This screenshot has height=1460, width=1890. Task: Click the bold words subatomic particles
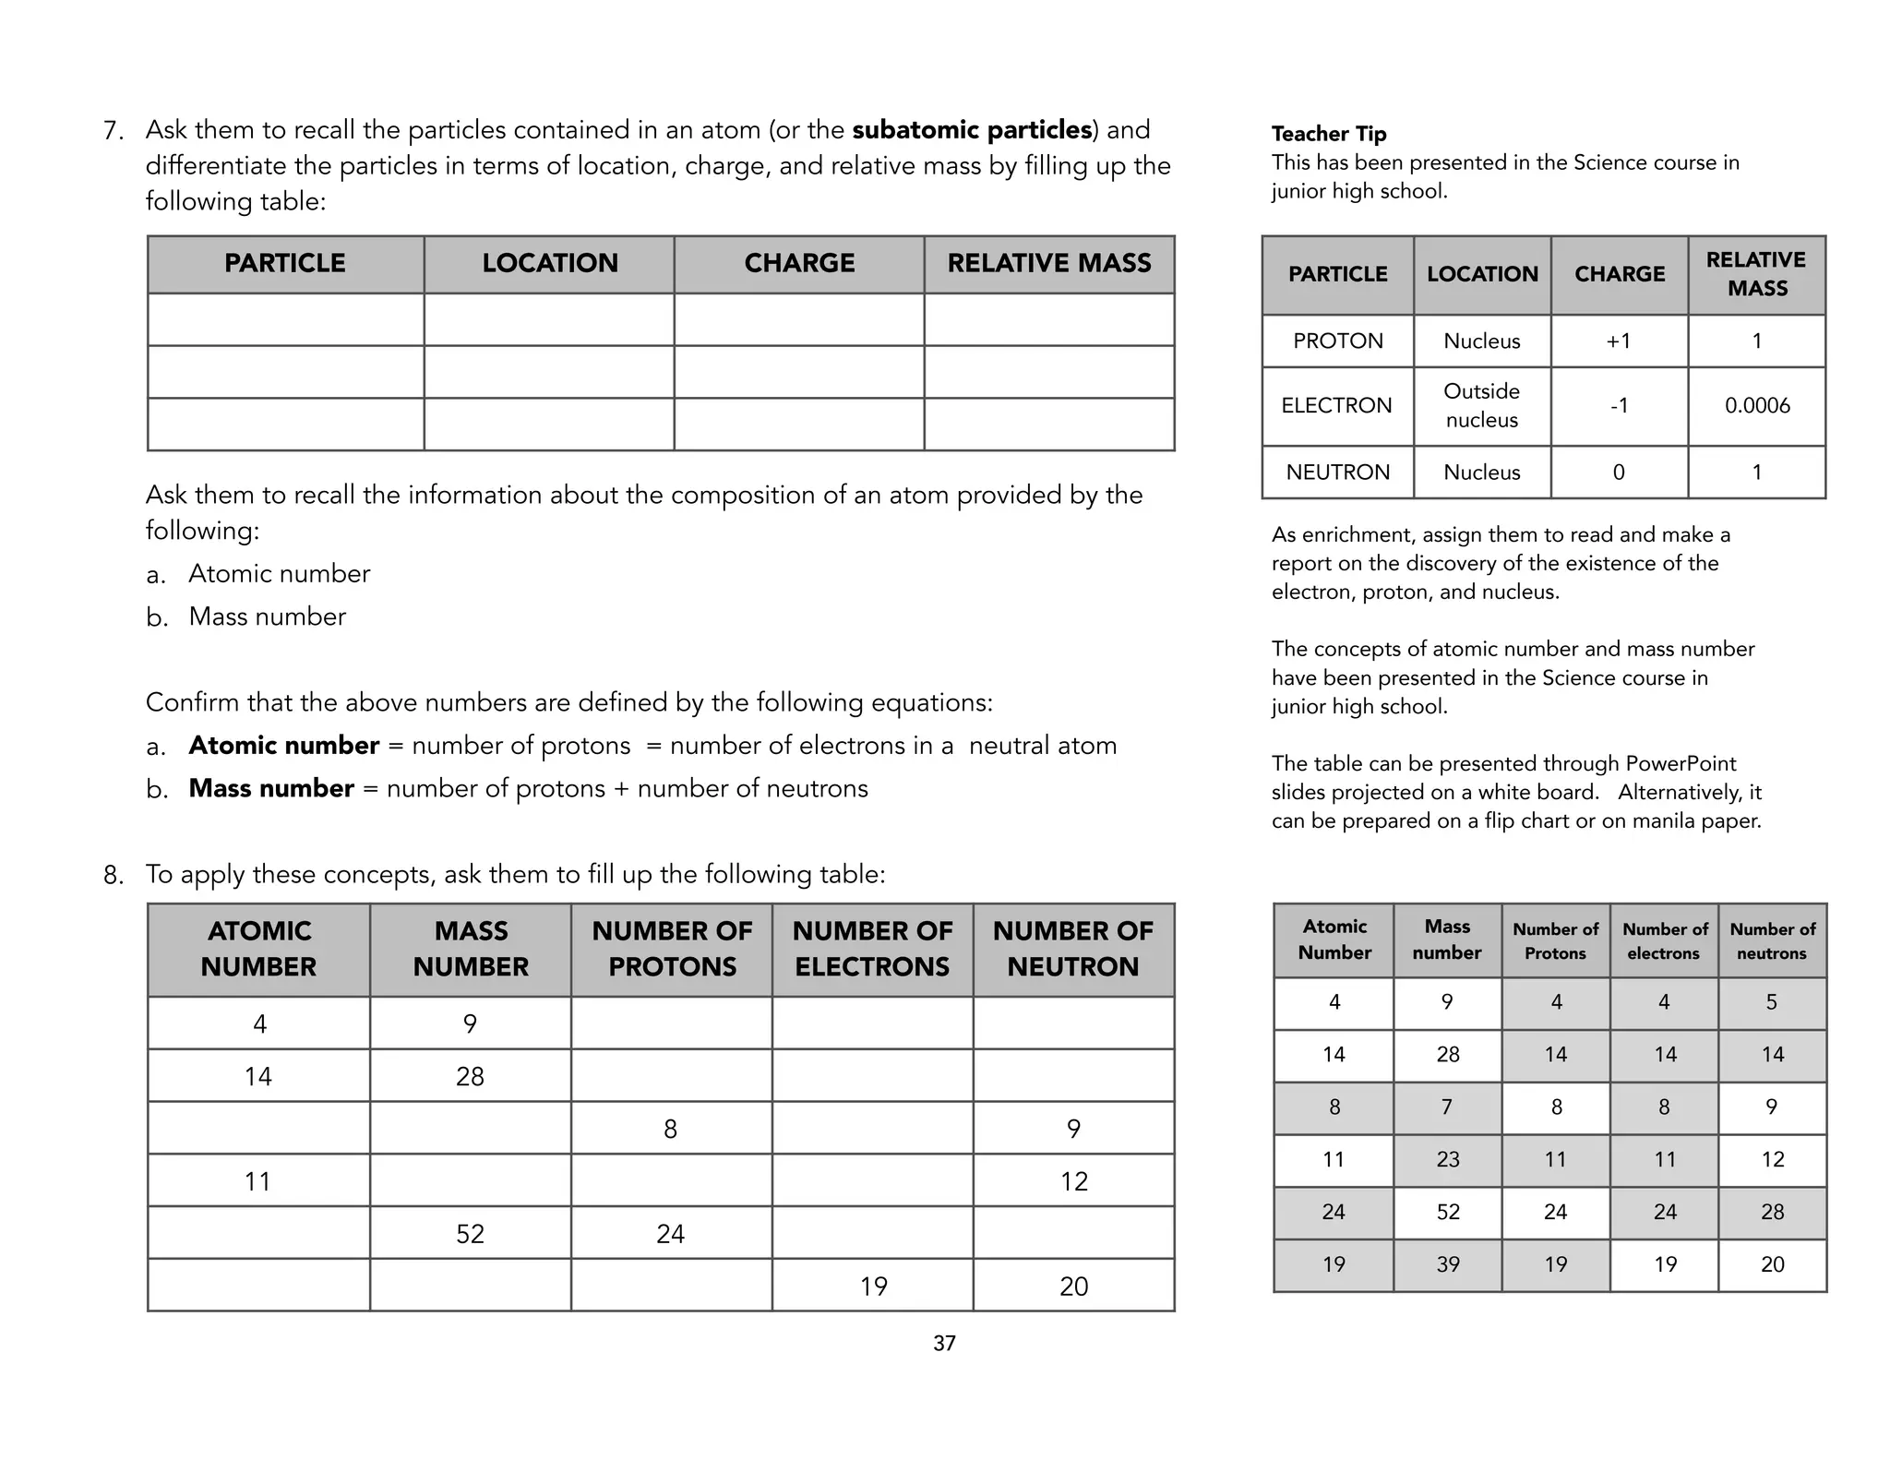(x=972, y=130)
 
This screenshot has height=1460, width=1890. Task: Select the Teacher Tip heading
(x=1328, y=134)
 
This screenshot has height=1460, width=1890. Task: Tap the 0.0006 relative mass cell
(x=1757, y=406)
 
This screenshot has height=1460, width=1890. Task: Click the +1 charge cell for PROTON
(x=1619, y=341)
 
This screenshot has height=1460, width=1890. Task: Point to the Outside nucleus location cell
(x=1481, y=406)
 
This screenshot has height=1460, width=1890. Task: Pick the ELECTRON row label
(x=1336, y=406)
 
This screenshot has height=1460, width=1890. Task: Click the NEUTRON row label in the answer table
(x=1337, y=473)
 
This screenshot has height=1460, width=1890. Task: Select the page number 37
(x=944, y=1344)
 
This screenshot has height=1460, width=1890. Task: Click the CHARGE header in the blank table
(x=799, y=264)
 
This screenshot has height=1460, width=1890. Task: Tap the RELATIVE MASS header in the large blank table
(x=1049, y=264)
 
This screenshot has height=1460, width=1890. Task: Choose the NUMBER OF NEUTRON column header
(x=1073, y=949)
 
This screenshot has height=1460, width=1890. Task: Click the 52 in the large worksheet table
(x=470, y=1234)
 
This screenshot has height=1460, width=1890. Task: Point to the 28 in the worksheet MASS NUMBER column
(x=470, y=1076)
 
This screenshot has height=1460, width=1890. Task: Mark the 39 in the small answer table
(x=1447, y=1264)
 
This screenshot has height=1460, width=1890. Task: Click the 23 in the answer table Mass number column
(x=1447, y=1160)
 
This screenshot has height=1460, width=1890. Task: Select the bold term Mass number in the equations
(x=271, y=789)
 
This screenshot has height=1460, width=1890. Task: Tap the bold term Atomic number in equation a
(x=283, y=746)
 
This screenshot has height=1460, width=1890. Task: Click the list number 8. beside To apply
(x=114, y=875)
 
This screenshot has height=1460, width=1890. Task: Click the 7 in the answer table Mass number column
(x=1447, y=1107)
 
